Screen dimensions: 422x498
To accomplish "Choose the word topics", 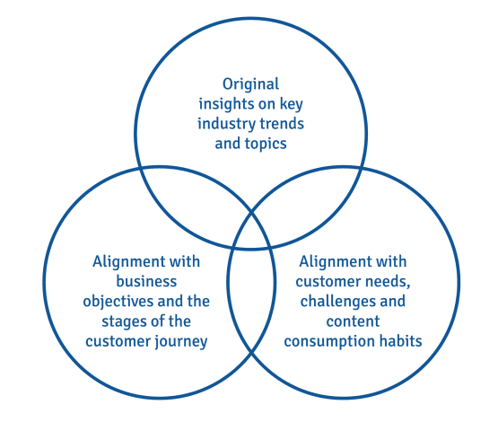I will click(x=266, y=144).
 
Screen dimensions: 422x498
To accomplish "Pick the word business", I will click(x=148, y=281).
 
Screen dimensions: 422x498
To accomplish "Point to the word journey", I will click(x=185, y=340).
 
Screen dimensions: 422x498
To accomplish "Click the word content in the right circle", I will click(x=353, y=321).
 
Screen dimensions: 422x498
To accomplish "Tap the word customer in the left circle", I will click(x=120, y=340).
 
